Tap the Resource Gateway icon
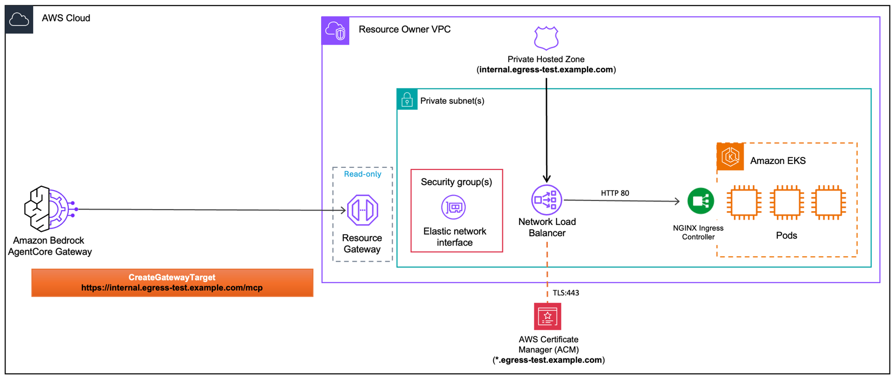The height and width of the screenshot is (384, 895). [362, 210]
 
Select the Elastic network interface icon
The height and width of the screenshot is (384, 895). [453, 207]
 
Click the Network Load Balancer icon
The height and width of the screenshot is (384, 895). [546, 200]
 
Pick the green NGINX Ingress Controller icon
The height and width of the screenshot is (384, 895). [700, 201]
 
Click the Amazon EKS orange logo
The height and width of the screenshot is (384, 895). [730, 157]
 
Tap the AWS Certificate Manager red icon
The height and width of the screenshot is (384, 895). [547, 316]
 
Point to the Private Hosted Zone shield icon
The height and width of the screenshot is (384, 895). [546, 37]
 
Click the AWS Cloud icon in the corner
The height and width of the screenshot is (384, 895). [19, 20]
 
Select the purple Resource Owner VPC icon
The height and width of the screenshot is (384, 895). [335, 30]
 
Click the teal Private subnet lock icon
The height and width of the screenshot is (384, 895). [407, 99]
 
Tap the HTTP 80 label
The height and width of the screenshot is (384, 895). [615, 193]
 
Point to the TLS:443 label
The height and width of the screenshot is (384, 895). [566, 293]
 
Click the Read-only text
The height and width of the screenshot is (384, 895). [362, 174]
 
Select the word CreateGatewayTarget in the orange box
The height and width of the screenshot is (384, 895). [172, 277]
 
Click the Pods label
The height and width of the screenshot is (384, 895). [786, 235]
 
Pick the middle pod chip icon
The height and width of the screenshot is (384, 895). [786, 202]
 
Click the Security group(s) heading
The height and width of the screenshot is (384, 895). [456, 182]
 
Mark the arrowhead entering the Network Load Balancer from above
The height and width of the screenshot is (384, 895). [547, 179]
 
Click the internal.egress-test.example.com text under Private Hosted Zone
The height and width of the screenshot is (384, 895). [546, 70]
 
